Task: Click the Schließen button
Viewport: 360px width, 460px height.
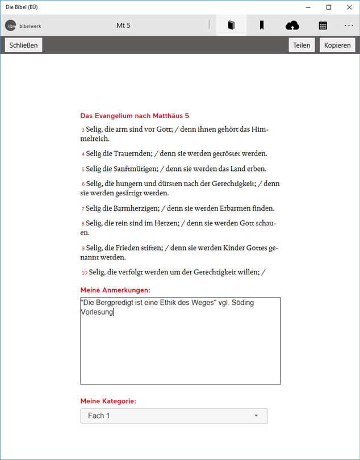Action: click(x=24, y=45)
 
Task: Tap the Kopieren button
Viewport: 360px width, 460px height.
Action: click(x=337, y=45)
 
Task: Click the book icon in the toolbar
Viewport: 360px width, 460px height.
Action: click(x=231, y=26)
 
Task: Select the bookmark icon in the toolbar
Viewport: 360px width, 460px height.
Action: click(x=262, y=26)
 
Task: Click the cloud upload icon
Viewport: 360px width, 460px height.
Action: click(x=292, y=26)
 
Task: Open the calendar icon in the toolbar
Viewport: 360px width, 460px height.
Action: click(x=323, y=26)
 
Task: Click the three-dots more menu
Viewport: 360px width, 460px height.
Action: click(x=349, y=26)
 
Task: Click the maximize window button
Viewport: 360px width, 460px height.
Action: click(x=329, y=7)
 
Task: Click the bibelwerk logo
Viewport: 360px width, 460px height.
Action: click(x=23, y=26)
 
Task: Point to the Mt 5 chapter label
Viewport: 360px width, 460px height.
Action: click(x=123, y=26)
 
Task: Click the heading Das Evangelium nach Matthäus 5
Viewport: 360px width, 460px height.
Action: click(x=135, y=115)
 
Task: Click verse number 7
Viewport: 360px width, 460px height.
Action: click(x=83, y=209)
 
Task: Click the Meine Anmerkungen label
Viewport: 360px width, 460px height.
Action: click(x=115, y=290)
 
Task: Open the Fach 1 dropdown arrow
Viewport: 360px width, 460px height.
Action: click(x=256, y=416)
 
